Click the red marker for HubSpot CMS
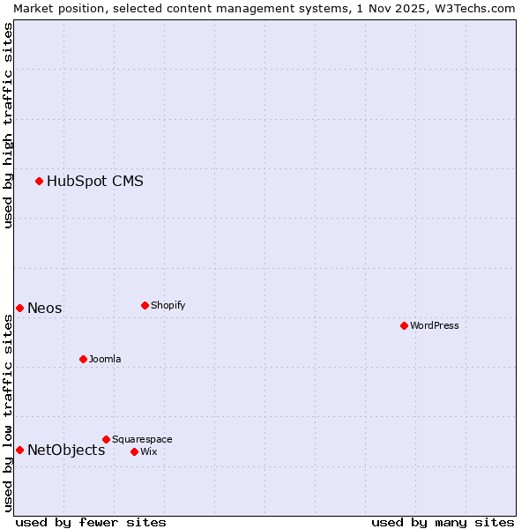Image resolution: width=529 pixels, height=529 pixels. (39, 181)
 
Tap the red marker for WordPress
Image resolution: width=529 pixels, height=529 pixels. (404, 325)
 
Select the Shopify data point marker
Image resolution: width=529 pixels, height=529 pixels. (145, 305)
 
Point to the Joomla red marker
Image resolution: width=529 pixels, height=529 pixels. (83, 359)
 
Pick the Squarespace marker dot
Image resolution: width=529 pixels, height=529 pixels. (106, 439)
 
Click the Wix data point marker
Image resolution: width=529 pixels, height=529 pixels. (134, 451)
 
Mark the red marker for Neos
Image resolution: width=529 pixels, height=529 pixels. (19, 308)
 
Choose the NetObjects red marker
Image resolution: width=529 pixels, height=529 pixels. (19, 450)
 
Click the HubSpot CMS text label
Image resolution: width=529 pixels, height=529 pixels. (95, 182)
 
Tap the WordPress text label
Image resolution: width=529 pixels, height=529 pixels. (435, 325)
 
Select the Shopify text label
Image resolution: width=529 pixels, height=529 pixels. (168, 305)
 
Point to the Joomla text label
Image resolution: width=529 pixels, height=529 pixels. (105, 359)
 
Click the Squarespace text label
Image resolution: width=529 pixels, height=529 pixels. (142, 439)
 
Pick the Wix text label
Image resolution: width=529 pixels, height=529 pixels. (148, 451)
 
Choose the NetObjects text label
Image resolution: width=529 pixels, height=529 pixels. (66, 451)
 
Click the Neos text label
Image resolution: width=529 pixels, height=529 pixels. (45, 308)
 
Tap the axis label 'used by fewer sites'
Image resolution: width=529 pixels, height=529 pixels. (91, 522)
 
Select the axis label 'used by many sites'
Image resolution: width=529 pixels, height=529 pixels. (443, 522)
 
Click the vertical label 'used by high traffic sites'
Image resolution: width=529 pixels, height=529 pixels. (8, 125)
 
